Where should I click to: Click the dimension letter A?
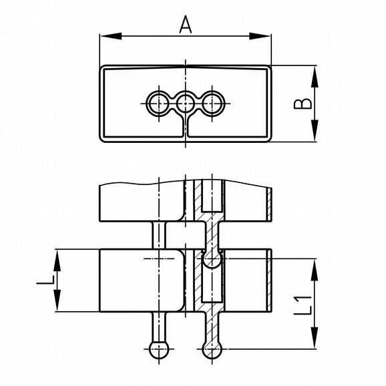coord(186,25)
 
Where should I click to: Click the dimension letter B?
coord(303,104)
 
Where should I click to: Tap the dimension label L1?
coord(303,306)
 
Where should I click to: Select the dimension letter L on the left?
coord(45,280)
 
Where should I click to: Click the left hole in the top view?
coord(159,104)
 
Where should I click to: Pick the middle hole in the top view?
coord(185,104)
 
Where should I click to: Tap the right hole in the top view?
coord(212,104)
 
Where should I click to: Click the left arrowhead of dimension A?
coord(111,36)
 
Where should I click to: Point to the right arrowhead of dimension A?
coord(260,36)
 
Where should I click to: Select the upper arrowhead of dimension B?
coord(315,76)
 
